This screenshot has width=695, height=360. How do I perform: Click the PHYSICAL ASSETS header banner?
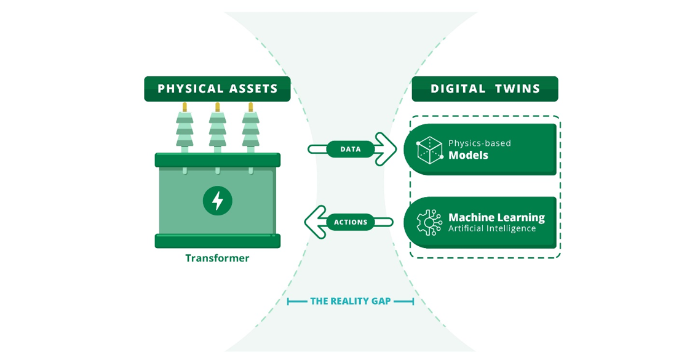tap(217, 89)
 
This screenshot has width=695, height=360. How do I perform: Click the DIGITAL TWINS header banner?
tap(485, 89)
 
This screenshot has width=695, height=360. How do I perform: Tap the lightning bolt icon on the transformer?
tap(217, 201)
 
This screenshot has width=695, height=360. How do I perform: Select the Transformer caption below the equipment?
tap(217, 258)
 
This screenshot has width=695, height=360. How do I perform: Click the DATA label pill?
tap(350, 149)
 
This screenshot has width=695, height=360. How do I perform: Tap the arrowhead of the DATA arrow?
tap(386, 149)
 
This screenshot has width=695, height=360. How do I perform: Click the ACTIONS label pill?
tap(350, 222)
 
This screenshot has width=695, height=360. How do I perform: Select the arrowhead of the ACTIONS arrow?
tap(315, 222)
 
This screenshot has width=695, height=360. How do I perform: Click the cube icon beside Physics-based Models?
tap(430, 150)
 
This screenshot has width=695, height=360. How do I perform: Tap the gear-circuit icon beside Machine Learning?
tap(429, 223)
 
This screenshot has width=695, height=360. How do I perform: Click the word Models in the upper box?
tap(468, 156)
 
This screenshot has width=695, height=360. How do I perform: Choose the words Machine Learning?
tap(496, 217)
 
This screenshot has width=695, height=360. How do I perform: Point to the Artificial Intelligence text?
tap(492, 229)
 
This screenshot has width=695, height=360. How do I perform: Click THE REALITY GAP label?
tap(350, 302)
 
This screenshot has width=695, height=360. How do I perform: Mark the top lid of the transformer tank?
tap(217, 160)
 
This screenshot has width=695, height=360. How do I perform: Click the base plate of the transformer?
tap(217, 241)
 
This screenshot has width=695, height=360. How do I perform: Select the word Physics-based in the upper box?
tap(480, 143)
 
